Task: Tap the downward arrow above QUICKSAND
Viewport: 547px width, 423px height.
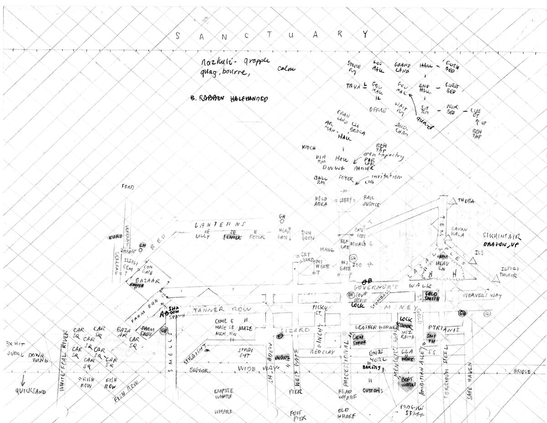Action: click(x=21, y=380)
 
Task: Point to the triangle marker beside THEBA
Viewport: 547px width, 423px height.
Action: click(x=452, y=201)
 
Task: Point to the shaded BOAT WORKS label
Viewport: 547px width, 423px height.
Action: click(x=409, y=383)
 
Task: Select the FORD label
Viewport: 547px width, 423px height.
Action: click(x=128, y=187)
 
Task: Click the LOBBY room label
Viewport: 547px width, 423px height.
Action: click(x=343, y=201)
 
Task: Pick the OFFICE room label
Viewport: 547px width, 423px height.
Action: click(x=377, y=110)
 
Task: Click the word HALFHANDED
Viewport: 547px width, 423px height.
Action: click(x=249, y=99)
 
